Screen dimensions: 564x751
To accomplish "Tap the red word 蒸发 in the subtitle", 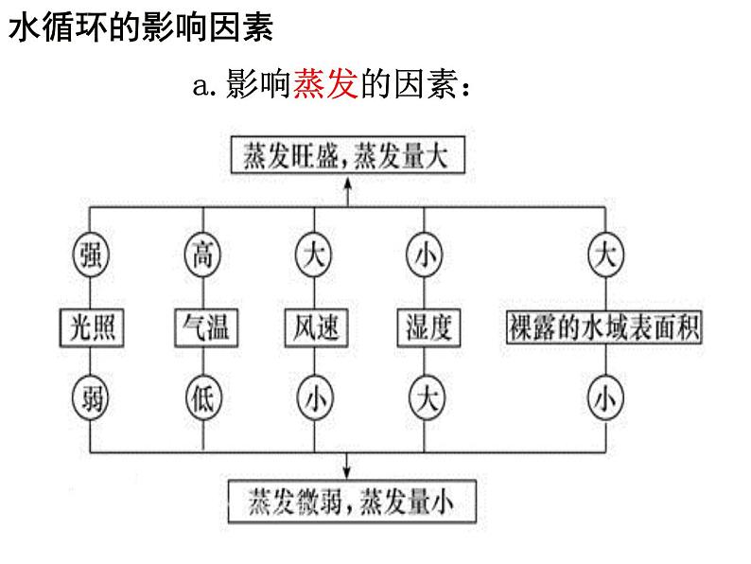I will tap(324, 86).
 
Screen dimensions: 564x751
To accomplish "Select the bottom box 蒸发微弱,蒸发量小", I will tap(350, 500).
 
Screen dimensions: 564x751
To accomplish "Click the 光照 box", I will tap(91, 327).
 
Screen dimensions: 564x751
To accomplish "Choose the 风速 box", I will tap(314, 327).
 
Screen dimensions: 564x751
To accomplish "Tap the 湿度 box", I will tap(425, 327).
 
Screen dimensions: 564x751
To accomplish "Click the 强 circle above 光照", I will tap(91, 255).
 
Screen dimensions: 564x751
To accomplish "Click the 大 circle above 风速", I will tap(314, 255).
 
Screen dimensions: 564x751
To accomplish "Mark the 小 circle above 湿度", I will tap(425, 255).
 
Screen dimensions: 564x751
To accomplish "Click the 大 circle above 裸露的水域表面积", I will tap(606, 255).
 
